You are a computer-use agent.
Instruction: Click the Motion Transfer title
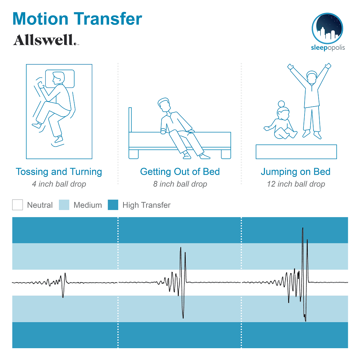(77, 19)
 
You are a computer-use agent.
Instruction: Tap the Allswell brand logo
(46, 40)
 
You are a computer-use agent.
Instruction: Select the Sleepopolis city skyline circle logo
(327, 28)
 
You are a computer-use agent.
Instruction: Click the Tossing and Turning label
(59, 172)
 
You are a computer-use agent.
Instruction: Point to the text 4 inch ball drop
(59, 184)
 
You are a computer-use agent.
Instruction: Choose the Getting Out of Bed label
(180, 172)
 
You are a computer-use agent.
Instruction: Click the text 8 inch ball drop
(180, 184)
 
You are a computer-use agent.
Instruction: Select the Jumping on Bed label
(296, 172)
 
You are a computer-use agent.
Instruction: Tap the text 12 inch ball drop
(296, 184)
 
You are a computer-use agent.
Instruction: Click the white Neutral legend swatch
(17, 205)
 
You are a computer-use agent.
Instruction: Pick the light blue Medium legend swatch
(64, 205)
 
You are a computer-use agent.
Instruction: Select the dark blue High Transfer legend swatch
(113, 205)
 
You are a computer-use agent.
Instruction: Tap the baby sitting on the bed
(280, 121)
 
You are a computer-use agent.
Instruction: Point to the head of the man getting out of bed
(165, 105)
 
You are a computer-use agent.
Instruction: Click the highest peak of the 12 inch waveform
(303, 228)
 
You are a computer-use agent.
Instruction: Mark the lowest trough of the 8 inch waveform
(183, 318)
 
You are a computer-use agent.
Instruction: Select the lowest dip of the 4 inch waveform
(63, 297)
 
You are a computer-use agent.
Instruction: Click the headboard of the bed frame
(130, 120)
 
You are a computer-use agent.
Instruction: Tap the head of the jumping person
(311, 77)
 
